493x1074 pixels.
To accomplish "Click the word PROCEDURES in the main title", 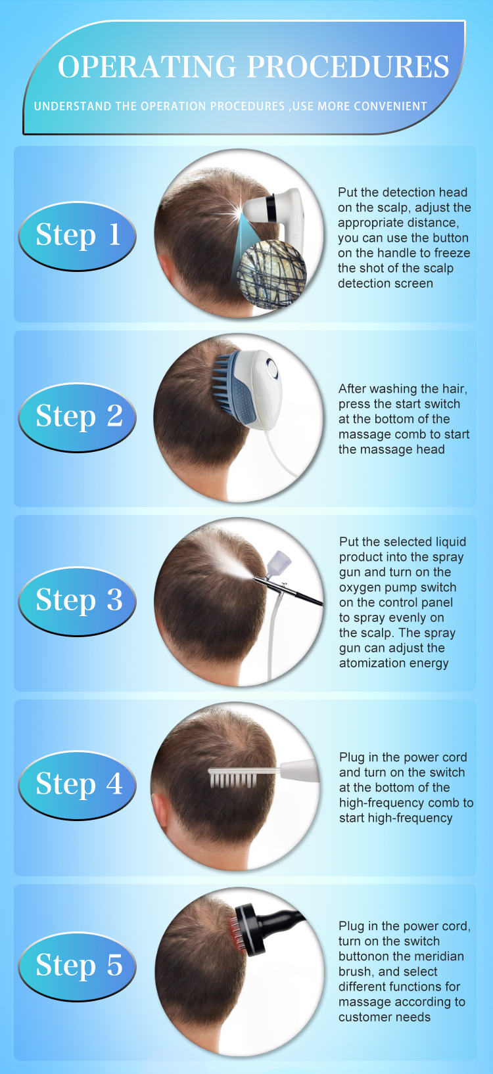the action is click(x=348, y=66).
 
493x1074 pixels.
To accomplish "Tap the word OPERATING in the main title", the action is click(x=147, y=66).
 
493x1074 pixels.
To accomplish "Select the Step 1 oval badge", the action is click(x=77, y=236).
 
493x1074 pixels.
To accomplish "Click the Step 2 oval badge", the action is click(x=77, y=417).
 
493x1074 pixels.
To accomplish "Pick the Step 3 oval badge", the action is click(x=77, y=601).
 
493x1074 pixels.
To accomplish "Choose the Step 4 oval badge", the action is click(x=77, y=785).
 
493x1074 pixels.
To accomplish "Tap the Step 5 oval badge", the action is click(x=77, y=966).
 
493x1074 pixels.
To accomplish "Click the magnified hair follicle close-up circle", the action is click(x=272, y=275).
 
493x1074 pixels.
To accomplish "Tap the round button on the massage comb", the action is click(x=272, y=369).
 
